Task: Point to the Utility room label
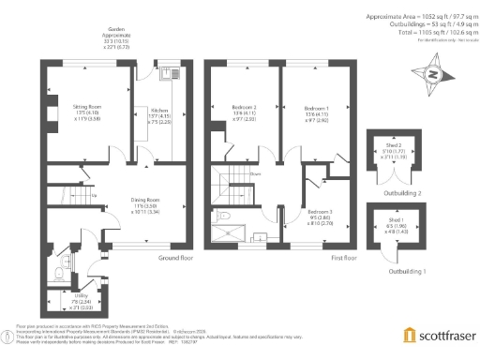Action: (62, 297)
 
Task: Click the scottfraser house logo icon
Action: (410, 336)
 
